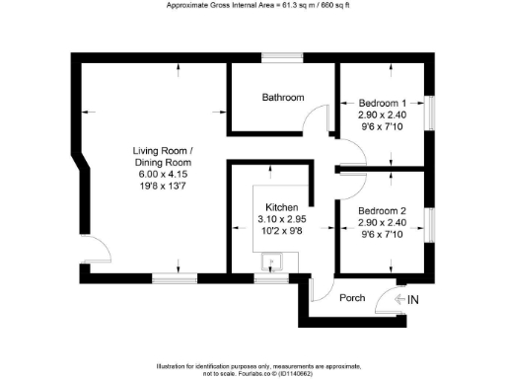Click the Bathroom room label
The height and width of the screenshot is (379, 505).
[282, 98]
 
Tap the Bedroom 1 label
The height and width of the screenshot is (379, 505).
[382, 104]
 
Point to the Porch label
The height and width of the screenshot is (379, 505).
[352, 297]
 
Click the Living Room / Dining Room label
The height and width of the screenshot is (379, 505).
[164, 156]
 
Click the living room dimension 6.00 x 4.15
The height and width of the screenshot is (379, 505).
[164, 174]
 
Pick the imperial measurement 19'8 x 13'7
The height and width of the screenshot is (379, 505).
[164, 186]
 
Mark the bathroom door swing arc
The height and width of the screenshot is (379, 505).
[314, 121]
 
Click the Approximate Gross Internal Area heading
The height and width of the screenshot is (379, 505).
[252, 6]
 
